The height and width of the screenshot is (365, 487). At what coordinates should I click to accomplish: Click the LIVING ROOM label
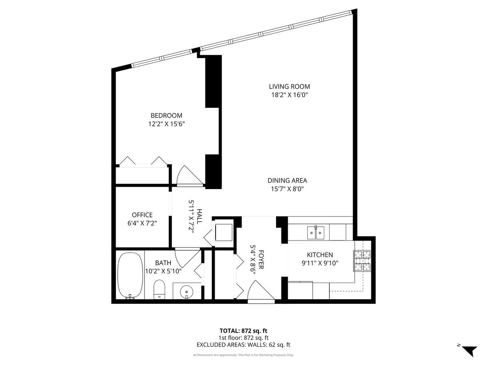click(289, 86)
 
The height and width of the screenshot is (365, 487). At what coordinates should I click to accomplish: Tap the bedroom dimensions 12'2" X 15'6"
click(166, 124)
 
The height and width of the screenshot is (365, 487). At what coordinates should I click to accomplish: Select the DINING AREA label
click(287, 180)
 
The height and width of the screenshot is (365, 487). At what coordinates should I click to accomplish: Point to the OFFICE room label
click(142, 215)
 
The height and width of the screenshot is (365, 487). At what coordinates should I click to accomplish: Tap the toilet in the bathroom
click(159, 290)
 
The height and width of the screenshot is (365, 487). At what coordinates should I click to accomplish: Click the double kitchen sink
click(315, 233)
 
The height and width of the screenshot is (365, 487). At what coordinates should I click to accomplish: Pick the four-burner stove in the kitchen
click(362, 261)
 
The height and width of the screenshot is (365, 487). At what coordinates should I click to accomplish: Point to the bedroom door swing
click(190, 176)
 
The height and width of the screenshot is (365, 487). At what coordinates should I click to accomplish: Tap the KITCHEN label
click(320, 255)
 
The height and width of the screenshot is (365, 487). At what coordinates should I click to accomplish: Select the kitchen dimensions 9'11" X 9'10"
click(320, 263)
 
